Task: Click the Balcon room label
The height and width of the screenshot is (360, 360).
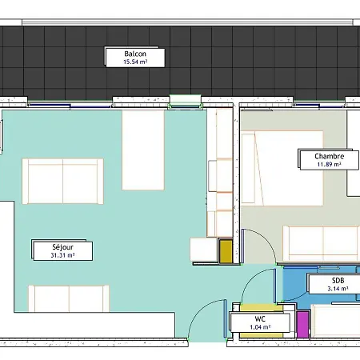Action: [x=135, y=54]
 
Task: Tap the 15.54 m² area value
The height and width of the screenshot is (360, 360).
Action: [x=135, y=62]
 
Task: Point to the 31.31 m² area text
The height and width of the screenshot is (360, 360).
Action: [x=62, y=255]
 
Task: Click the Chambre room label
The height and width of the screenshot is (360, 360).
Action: [x=330, y=156]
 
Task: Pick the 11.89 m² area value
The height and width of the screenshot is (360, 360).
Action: [x=330, y=164]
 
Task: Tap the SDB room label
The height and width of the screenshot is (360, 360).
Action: [x=338, y=281]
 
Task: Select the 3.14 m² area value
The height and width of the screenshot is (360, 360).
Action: [x=338, y=289]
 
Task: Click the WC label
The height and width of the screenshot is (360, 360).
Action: [x=260, y=319]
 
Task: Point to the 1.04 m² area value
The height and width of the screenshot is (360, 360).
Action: [x=260, y=327]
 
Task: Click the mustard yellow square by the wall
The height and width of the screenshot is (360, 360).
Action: [x=226, y=251]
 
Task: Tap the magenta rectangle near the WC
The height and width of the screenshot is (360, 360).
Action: [x=302, y=325]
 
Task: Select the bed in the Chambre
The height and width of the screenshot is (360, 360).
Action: [x=282, y=168]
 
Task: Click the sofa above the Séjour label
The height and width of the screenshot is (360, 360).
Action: [x=62, y=182]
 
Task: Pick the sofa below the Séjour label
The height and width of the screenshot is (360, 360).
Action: [x=69, y=298]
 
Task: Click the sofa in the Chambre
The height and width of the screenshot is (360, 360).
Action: [x=322, y=243]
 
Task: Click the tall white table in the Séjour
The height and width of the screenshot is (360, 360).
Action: [x=143, y=150]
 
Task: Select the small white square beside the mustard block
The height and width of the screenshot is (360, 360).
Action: [x=204, y=250]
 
